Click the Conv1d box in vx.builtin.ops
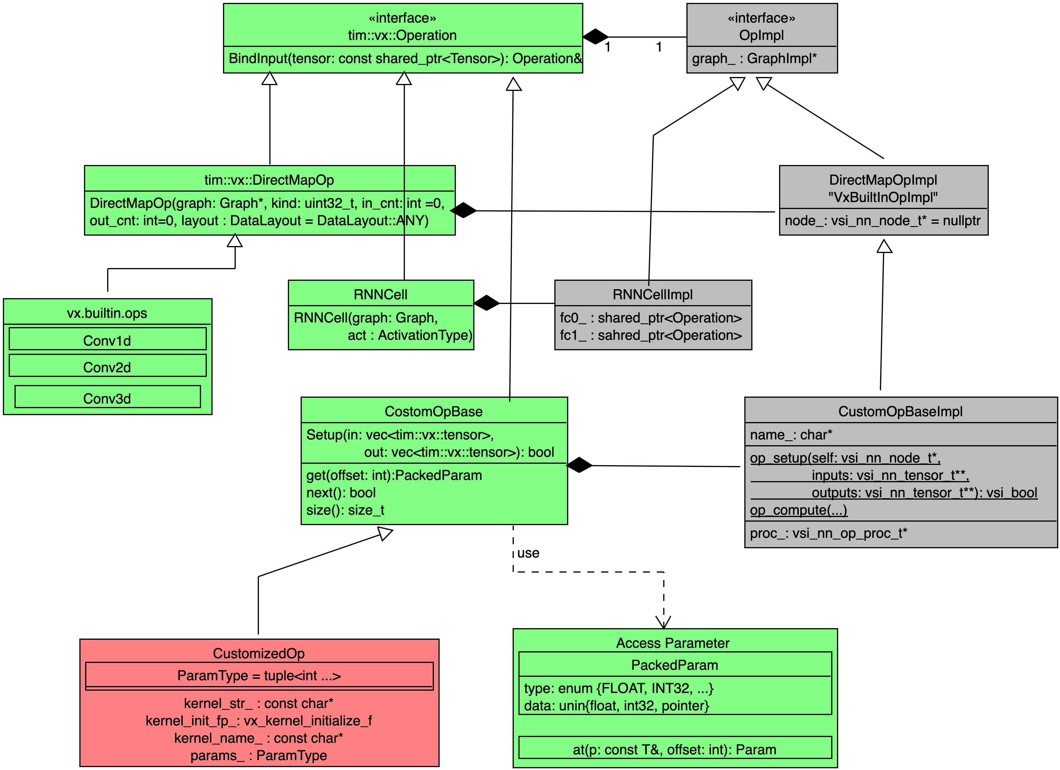(107, 339)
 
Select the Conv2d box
(107, 366)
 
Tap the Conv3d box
(107, 397)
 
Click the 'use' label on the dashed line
(528, 553)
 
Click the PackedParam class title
(675, 665)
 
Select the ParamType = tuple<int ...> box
(259, 676)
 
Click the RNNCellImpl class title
(653, 294)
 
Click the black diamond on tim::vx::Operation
(595, 36)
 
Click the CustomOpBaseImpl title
(900, 412)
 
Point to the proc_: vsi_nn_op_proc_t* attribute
(828, 533)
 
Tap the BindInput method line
(405, 59)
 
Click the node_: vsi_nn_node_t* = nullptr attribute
(882, 221)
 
